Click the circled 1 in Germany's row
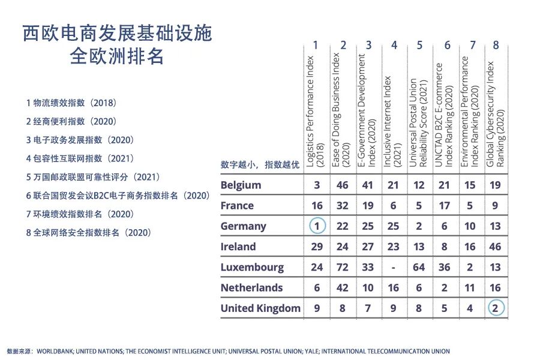click(317, 226)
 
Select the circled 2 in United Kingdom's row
click(495, 308)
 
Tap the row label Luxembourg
click(252, 268)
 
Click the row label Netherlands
click(251, 288)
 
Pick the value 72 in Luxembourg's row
click(343, 268)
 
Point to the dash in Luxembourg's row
click(393, 268)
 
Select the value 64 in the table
click(419, 268)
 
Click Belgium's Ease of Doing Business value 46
click(343, 185)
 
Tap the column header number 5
click(419, 45)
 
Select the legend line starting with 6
click(118, 196)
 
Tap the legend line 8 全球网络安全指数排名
click(88, 232)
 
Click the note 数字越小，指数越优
click(260, 164)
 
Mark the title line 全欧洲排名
click(118, 58)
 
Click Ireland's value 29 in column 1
click(317, 247)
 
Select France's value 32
click(343, 206)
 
